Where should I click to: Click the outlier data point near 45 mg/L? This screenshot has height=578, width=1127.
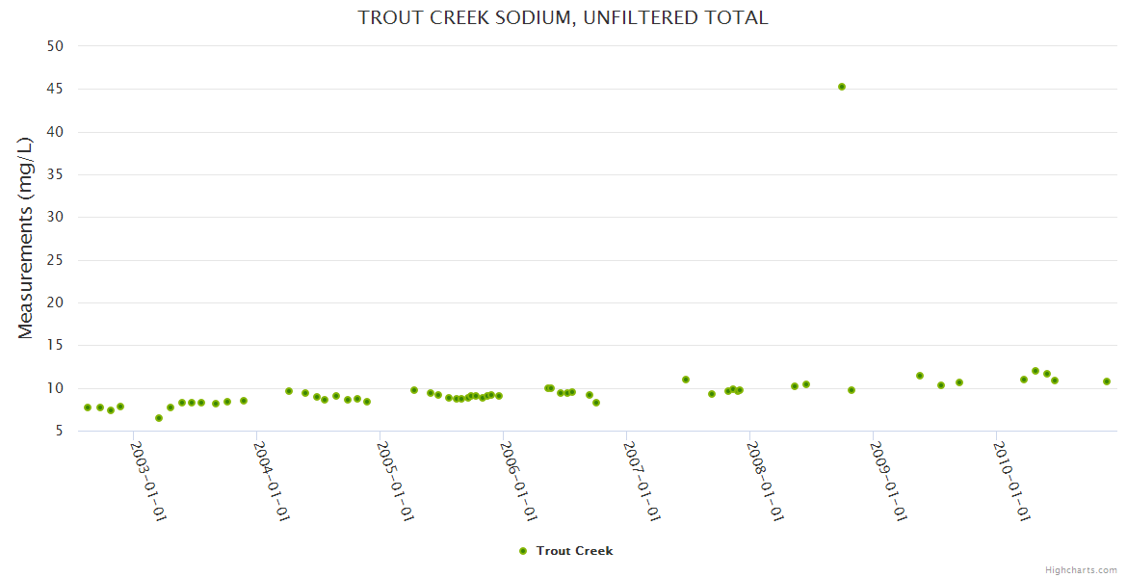coord(842,87)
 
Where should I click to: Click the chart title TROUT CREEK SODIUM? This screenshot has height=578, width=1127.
coord(563,17)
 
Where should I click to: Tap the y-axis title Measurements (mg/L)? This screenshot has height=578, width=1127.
coord(26,237)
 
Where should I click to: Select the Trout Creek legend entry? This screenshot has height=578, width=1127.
coord(574,551)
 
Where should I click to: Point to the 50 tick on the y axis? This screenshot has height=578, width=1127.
coord(55,46)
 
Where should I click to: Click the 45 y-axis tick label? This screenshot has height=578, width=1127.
coord(55,89)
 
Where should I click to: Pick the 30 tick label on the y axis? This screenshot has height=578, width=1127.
coord(55,217)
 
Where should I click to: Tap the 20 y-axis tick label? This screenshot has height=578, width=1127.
coord(55,302)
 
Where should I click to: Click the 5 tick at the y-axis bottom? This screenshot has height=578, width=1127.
coord(59,431)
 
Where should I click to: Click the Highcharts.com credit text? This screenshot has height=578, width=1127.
coord(1081,569)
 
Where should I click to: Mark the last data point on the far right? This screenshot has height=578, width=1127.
coord(1107,381)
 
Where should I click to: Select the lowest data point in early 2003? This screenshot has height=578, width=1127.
coord(159,418)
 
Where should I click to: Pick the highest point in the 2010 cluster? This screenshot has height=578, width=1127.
coord(1035,371)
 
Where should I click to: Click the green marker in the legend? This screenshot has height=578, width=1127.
coord(523,551)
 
